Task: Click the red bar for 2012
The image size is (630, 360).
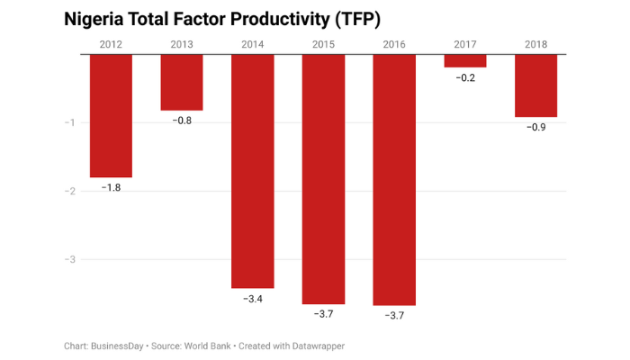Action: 112,115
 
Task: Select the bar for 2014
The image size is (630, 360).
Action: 253,171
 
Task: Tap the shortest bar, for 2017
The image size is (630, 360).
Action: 464,61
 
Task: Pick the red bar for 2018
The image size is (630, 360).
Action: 535,85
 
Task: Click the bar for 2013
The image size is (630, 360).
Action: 182,82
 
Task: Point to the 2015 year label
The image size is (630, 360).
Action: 323,44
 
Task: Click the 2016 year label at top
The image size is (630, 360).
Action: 394,44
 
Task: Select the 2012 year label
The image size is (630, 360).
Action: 112,44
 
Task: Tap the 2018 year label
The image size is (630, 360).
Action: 535,44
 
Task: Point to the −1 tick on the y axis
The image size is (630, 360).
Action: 70,122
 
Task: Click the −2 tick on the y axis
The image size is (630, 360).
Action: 70,191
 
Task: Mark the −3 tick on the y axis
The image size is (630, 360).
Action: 70,259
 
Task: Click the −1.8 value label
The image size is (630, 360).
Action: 112,187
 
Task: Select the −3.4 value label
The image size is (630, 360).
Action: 253,298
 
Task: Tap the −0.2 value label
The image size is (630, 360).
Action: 464,78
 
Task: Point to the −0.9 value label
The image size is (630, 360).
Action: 535,127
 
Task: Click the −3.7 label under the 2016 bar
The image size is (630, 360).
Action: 394,315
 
